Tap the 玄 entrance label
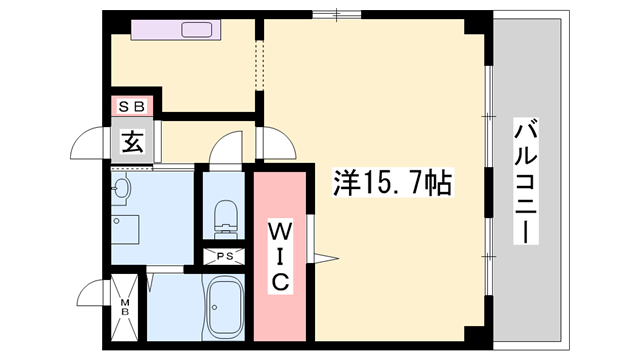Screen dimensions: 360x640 133,142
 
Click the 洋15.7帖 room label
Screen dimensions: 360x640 390,183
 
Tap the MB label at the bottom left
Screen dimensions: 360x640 126,305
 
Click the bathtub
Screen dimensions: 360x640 224,305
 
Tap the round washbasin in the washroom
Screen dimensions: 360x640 122,187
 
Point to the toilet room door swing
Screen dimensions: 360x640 227,151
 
